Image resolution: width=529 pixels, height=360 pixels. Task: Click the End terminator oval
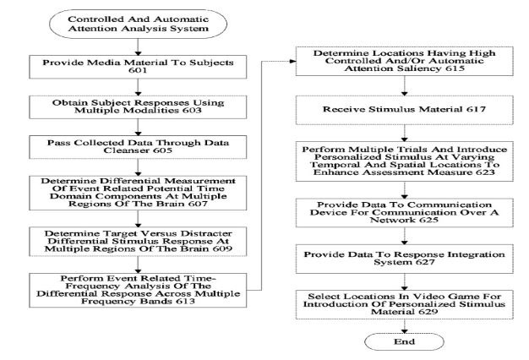coord(404,341)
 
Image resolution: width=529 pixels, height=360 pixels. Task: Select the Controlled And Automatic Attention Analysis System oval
coord(138,24)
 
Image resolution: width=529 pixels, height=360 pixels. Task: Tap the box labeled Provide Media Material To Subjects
coord(138,67)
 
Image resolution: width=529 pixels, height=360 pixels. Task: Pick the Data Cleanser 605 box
coord(138,147)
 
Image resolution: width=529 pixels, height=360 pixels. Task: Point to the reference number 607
coord(198,204)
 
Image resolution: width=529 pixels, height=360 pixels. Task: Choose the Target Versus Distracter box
coord(138,241)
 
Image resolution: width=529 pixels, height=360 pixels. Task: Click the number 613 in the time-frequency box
coord(186,301)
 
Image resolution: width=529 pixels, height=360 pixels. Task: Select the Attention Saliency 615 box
coord(405,61)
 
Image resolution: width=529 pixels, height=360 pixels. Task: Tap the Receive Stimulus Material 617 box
coord(405,110)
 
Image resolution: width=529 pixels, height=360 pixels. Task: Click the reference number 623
coord(485,172)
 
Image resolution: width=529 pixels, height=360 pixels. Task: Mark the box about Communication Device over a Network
coord(405,213)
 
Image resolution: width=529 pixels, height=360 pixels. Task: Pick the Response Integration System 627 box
coord(405,259)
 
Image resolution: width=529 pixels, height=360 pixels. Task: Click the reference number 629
coord(428,312)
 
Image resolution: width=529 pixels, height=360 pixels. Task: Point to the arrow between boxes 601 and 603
coord(138,87)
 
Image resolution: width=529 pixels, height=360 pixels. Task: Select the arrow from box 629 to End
coord(405,326)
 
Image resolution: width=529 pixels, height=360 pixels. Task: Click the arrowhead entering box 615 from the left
coord(293,61)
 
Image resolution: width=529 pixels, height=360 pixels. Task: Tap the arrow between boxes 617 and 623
coord(405,133)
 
